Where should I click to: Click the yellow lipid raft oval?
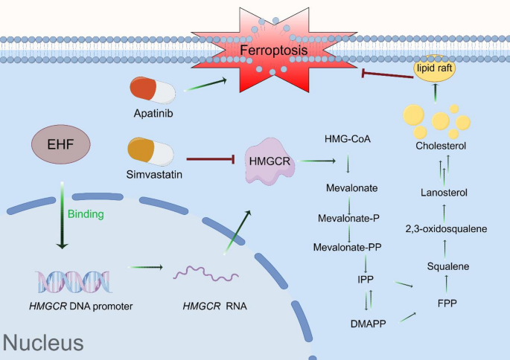(x=434, y=69)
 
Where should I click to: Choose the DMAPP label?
(x=366, y=324)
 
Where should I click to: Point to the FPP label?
(x=446, y=303)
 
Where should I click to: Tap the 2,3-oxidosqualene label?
(x=446, y=228)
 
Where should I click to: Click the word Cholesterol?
(x=441, y=146)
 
